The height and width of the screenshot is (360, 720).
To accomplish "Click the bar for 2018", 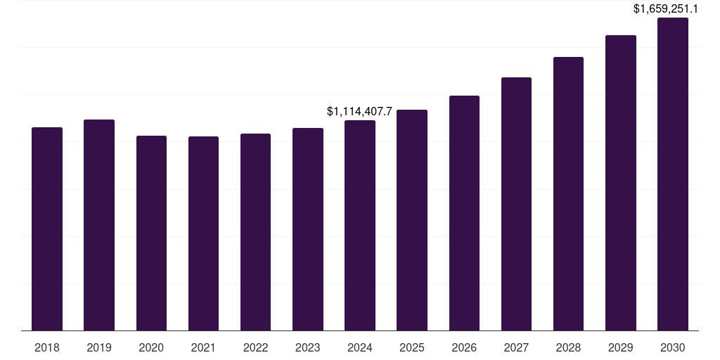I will (x=47, y=229).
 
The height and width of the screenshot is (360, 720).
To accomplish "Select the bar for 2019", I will (x=99, y=225).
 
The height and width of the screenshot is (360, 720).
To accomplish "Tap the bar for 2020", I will (x=151, y=233).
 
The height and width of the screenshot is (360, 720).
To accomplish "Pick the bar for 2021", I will (x=203, y=233).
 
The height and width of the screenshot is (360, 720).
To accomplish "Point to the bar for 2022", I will (x=255, y=232).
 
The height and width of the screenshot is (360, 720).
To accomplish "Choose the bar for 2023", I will (x=308, y=229).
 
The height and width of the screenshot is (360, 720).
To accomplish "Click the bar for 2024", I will (x=360, y=225).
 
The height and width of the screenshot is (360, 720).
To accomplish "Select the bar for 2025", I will (x=412, y=220).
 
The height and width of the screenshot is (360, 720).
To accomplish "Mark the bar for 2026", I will (x=464, y=213).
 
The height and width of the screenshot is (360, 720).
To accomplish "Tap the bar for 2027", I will (x=516, y=204).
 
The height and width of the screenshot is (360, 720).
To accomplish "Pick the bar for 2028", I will (x=568, y=193).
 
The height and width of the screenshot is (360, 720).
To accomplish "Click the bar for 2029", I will (x=621, y=183).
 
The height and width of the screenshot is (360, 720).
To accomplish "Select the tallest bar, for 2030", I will (x=673, y=174).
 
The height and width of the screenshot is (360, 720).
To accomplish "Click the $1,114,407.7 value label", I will (x=359, y=111).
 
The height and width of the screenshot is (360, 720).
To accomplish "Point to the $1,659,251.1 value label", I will (x=675, y=9).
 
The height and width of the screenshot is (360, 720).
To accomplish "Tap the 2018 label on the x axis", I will (x=47, y=347).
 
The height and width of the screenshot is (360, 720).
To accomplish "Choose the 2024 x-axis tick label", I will (x=360, y=347).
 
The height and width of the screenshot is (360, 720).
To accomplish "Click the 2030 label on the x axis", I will (x=673, y=347).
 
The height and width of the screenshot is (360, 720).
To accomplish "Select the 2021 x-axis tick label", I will (x=203, y=347).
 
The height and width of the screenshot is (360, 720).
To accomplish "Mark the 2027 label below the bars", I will (x=516, y=347).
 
